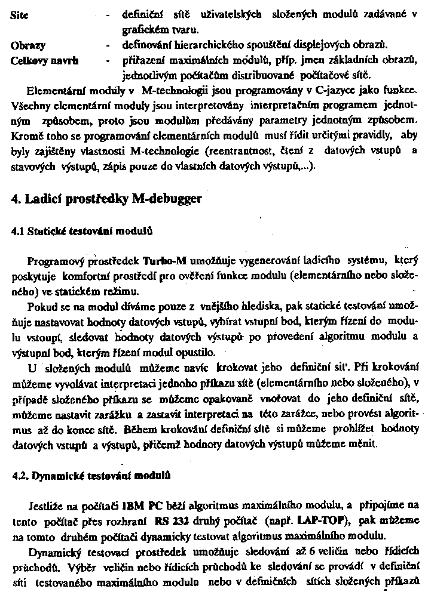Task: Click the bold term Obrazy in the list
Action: pyautogui.click(x=29, y=45)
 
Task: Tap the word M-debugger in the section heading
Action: pyautogui.click(x=164, y=199)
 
